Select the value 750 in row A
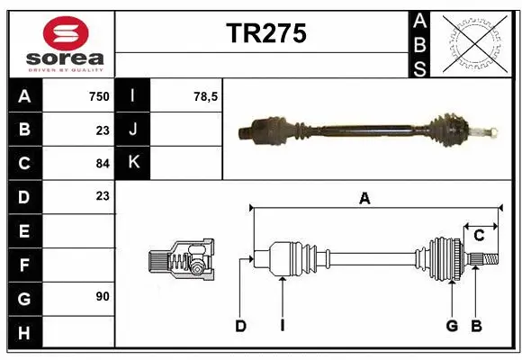pyautogui.click(x=98, y=96)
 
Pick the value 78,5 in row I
pyautogui.click(x=206, y=96)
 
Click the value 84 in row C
pyautogui.click(x=102, y=163)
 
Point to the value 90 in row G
pyautogui.click(x=102, y=296)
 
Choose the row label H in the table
pyautogui.click(x=24, y=334)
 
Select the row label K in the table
pyautogui.click(x=133, y=163)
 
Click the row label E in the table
pyautogui.click(x=24, y=231)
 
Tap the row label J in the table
pyautogui.click(x=133, y=130)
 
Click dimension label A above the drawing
pyautogui.click(x=364, y=200)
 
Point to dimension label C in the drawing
pyautogui.click(x=479, y=236)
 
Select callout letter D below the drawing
pyautogui.click(x=241, y=326)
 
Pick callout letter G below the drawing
pyautogui.click(x=452, y=326)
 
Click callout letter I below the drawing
pyautogui.click(x=282, y=326)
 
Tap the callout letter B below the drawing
pyautogui.click(x=476, y=326)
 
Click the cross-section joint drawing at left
pyautogui.click(x=181, y=260)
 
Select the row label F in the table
pyautogui.click(x=24, y=265)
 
